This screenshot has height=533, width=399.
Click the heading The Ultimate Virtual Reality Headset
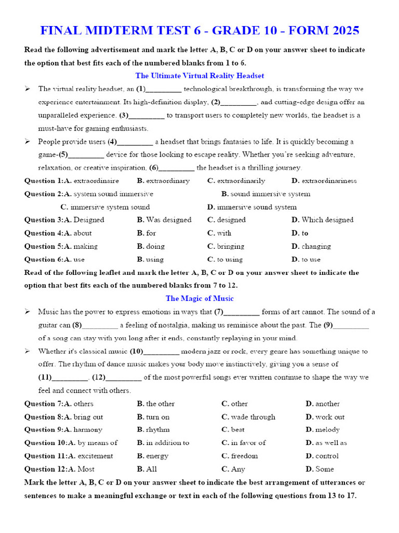click(x=199, y=75)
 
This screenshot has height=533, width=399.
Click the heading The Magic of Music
click(x=199, y=298)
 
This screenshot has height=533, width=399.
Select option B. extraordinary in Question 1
click(x=163, y=181)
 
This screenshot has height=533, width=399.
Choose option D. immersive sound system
click(x=252, y=207)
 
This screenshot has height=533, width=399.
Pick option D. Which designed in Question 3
click(x=322, y=220)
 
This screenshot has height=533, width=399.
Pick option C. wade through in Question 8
click(x=248, y=417)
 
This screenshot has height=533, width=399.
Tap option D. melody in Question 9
click(x=322, y=429)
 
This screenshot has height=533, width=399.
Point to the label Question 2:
click(x=42, y=194)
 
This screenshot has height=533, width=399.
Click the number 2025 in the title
click(x=340, y=30)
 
